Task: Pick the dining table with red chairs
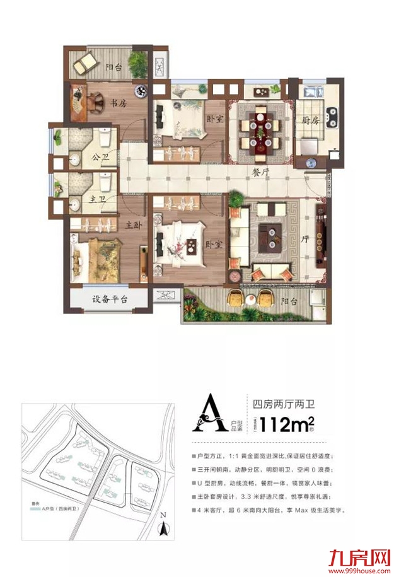pos(260,130)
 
